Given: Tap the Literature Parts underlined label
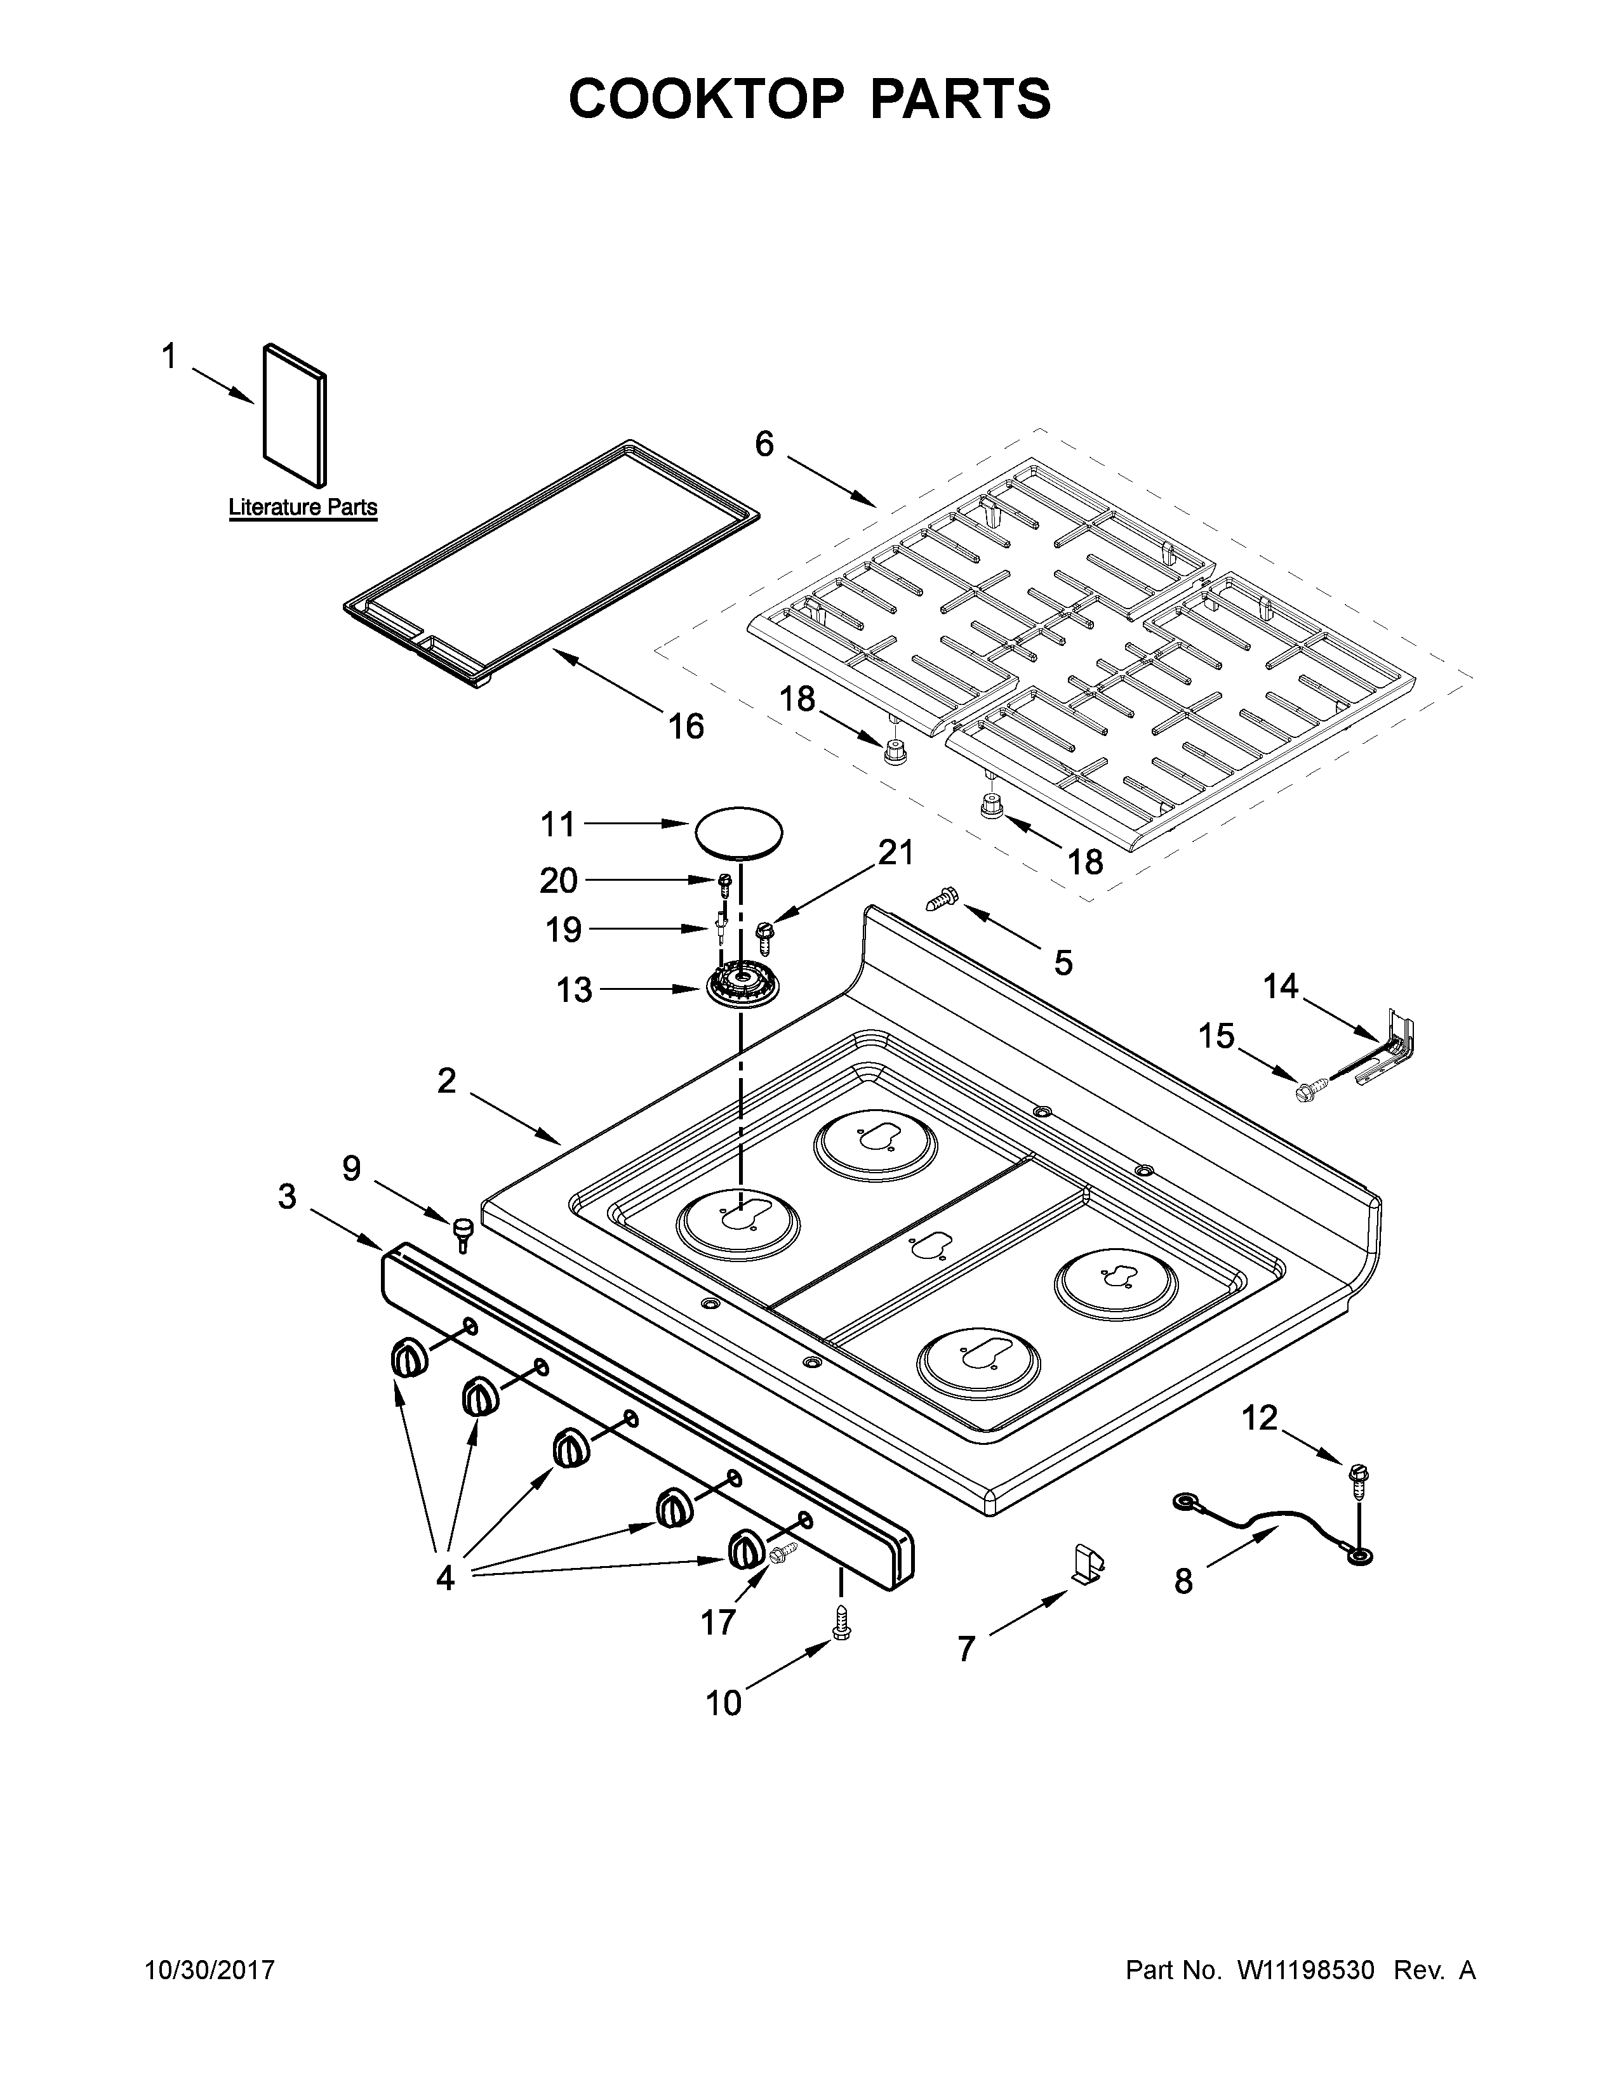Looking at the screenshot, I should click(x=302, y=507).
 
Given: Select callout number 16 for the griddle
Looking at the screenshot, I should click(x=686, y=727).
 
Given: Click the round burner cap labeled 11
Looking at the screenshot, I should click(x=738, y=831).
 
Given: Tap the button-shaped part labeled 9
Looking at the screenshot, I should click(x=464, y=1230).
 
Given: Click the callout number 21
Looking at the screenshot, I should click(x=896, y=852).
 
